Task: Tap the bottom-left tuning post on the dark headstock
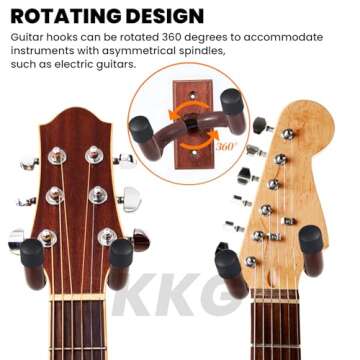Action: click(x=47, y=238)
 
